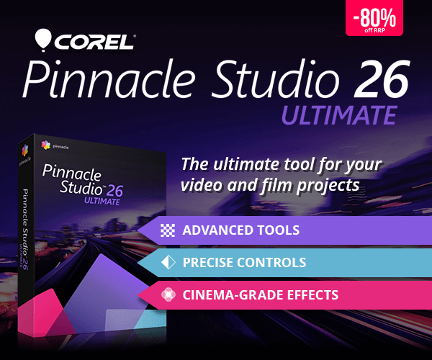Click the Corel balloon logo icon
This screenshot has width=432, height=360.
(x=43, y=38)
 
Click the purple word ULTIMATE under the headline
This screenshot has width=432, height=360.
(x=338, y=114)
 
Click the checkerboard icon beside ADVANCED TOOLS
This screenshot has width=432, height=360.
(x=168, y=230)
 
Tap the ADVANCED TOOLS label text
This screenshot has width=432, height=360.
(x=240, y=230)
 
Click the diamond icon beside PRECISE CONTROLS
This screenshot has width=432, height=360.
(x=168, y=263)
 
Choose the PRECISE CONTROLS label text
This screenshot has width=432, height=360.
(x=244, y=263)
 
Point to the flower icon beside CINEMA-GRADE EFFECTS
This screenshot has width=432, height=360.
(x=168, y=294)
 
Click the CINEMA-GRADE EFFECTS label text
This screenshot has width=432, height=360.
(x=260, y=294)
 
